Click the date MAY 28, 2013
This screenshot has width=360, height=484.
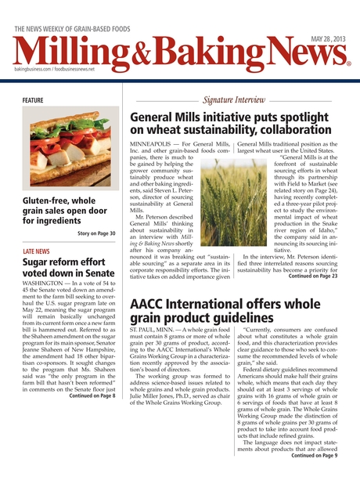click(x=329, y=38)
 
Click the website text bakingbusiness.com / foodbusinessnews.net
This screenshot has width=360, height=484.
click(x=54, y=70)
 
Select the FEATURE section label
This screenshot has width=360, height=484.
click(x=33, y=100)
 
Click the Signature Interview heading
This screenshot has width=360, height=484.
click(x=233, y=100)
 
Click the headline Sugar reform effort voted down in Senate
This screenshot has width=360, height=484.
click(x=68, y=269)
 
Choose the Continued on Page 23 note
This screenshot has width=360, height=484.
click(x=313, y=276)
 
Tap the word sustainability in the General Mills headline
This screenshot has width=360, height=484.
click(x=221, y=129)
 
